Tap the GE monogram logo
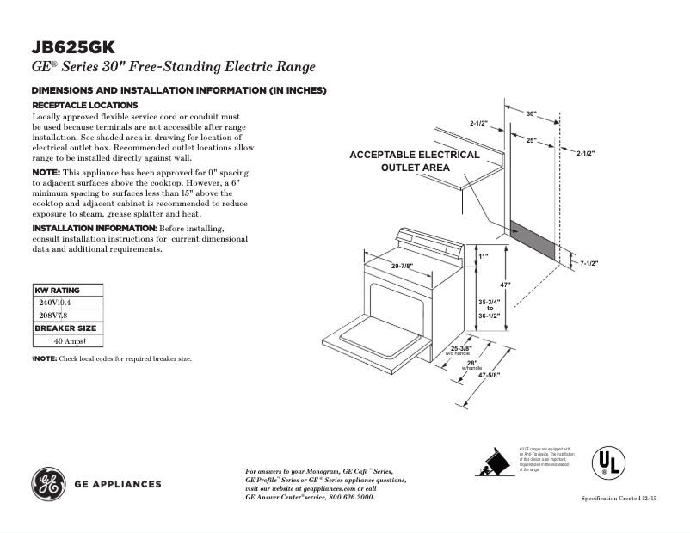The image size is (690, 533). [48, 483]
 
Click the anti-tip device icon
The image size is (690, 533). [493, 463]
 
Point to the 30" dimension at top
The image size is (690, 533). [533, 113]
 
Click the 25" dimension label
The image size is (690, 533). [532, 140]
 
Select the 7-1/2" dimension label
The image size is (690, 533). [588, 263]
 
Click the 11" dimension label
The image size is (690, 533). [484, 257]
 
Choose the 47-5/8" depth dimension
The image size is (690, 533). [489, 376]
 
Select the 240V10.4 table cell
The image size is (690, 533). [53, 303]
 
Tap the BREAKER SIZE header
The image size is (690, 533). [65, 328]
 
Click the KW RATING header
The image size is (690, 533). [57, 291]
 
